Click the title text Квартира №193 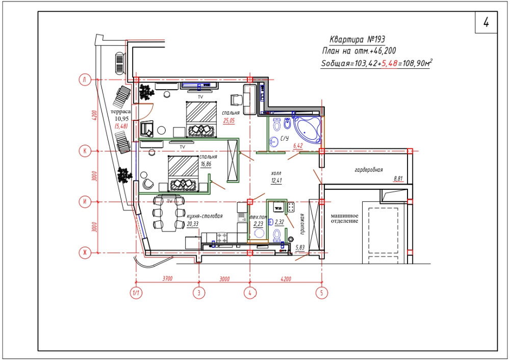click(357, 39)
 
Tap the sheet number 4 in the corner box click(486, 22)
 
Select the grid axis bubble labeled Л click(85, 80)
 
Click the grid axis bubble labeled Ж click(85, 253)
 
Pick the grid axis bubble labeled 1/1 click(136, 293)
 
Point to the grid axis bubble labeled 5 click(322, 293)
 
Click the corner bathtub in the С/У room click(307, 130)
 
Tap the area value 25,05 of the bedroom click(228, 121)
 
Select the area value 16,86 click(206, 164)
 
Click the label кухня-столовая click(205, 216)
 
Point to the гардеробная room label click(369, 169)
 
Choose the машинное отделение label click(344, 218)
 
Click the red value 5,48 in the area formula click(389, 63)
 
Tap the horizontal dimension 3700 click(167, 278)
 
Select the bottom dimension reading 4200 click(286, 279)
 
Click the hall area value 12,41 click(276, 181)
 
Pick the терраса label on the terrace click(121, 112)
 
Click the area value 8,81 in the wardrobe click(398, 178)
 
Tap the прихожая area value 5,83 click(300, 247)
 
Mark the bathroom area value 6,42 click(298, 146)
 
